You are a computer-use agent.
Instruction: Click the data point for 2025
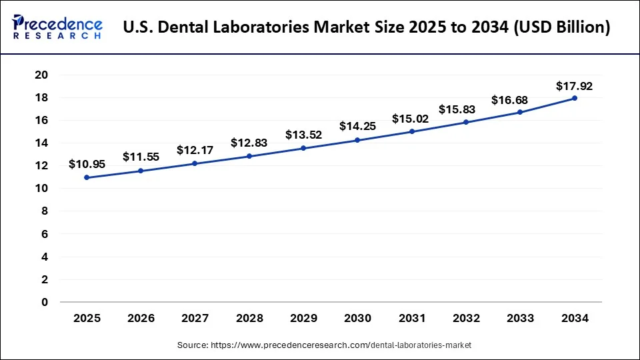click(86, 177)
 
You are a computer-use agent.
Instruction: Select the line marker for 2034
click(575, 98)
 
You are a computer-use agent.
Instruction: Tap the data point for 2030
click(357, 140)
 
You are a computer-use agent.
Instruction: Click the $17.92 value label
click(575, 86)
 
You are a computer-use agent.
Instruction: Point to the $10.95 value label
click(86, 165)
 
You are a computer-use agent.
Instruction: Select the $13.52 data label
click(303, 135)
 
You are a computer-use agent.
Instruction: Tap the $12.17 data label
click(195, 151)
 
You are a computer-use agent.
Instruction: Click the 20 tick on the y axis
click(41, 75)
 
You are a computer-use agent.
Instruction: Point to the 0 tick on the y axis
click(45, 302)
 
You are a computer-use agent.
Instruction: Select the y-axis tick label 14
click(41, 143)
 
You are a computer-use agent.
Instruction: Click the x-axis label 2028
click(249, 319)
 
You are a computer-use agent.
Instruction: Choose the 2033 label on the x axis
click(520, 319)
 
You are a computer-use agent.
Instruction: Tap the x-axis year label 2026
click(140, 319)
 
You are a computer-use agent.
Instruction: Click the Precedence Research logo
click(57, 27)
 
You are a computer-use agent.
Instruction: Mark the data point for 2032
click(466, 122)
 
